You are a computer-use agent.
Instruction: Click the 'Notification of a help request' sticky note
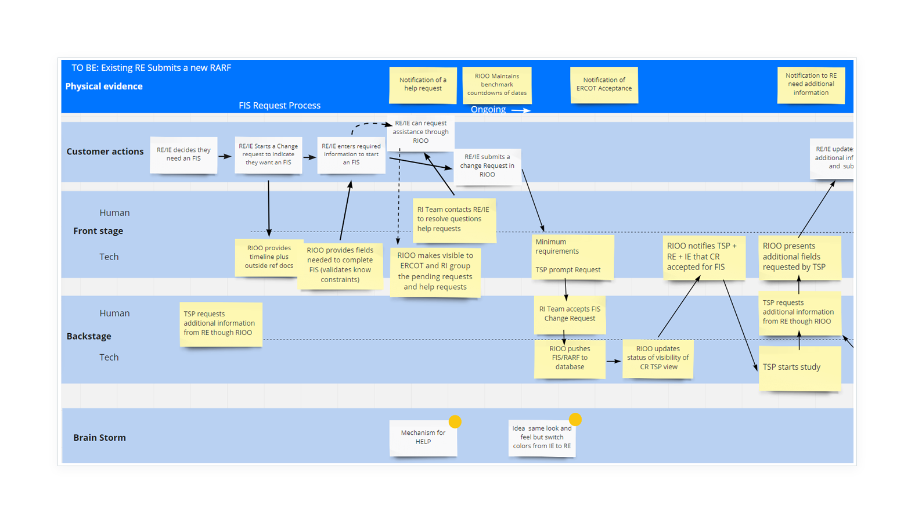[423, 85]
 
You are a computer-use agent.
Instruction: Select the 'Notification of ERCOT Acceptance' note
[604, 85]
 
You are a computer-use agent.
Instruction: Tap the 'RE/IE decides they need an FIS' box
[183, 154]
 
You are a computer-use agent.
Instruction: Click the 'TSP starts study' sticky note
[799, 367]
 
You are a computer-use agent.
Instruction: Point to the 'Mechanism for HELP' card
[423, 438]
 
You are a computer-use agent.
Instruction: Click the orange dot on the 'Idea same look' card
[575, 419]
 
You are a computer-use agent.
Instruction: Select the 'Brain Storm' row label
[99, 438]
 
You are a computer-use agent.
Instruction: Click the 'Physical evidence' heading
[104, 86]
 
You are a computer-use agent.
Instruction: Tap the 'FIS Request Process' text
[279, 106]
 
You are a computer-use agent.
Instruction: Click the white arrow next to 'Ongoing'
[521, 110]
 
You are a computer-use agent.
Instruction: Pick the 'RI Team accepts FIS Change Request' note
[570, 314]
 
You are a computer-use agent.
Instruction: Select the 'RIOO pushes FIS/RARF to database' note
[570, 358]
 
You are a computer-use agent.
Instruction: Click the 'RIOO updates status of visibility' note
[658, 358]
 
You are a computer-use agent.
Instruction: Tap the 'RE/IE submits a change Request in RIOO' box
[487, 166]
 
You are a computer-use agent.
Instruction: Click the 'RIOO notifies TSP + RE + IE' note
[704, 257]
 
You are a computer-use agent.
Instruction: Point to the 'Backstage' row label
[89, 336]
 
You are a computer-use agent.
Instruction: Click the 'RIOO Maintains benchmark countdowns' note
[497, 85]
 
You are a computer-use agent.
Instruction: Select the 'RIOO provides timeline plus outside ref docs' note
[268, 257]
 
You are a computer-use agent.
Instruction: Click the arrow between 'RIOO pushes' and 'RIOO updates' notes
[614, 361]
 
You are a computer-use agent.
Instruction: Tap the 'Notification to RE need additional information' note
[811, 85]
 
